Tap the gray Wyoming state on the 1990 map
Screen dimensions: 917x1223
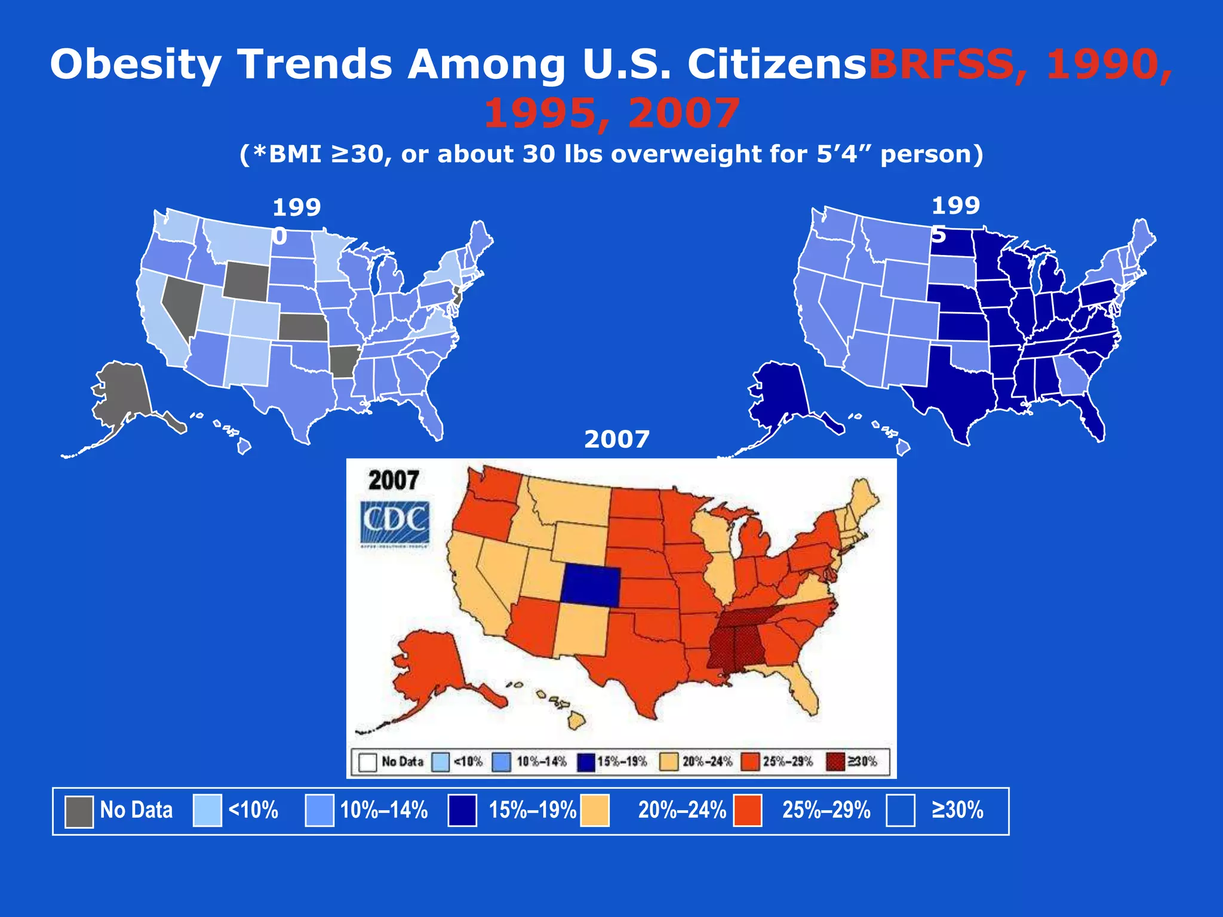click(x=246, y=281)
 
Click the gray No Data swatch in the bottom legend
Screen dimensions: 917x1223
click(x=79, y=811)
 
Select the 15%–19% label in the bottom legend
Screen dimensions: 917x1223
click(x=532, y=810)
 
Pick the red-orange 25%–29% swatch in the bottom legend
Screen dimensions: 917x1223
click(x=747, y=811)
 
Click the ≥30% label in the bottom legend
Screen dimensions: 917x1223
click(x=957, y=810)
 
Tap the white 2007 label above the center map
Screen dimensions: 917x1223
click(x=616, y=439)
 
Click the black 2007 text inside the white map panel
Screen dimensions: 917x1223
click(x=394, y=480)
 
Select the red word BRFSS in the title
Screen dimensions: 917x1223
click(x=941, y=64)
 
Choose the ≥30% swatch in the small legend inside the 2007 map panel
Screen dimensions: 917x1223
click(x=835, y=762)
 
